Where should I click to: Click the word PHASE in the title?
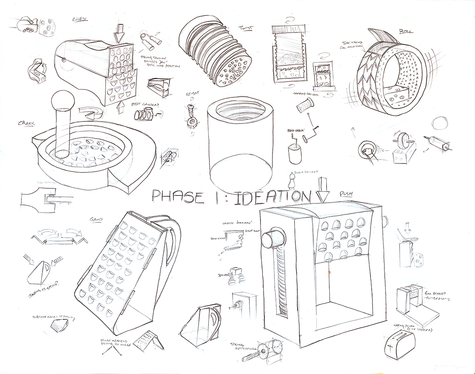click(x=177, y=197)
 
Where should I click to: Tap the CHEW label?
click(x=80, y=19)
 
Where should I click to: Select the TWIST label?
click(x=246, y=28)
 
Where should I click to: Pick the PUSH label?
click(x=346, y=194)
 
